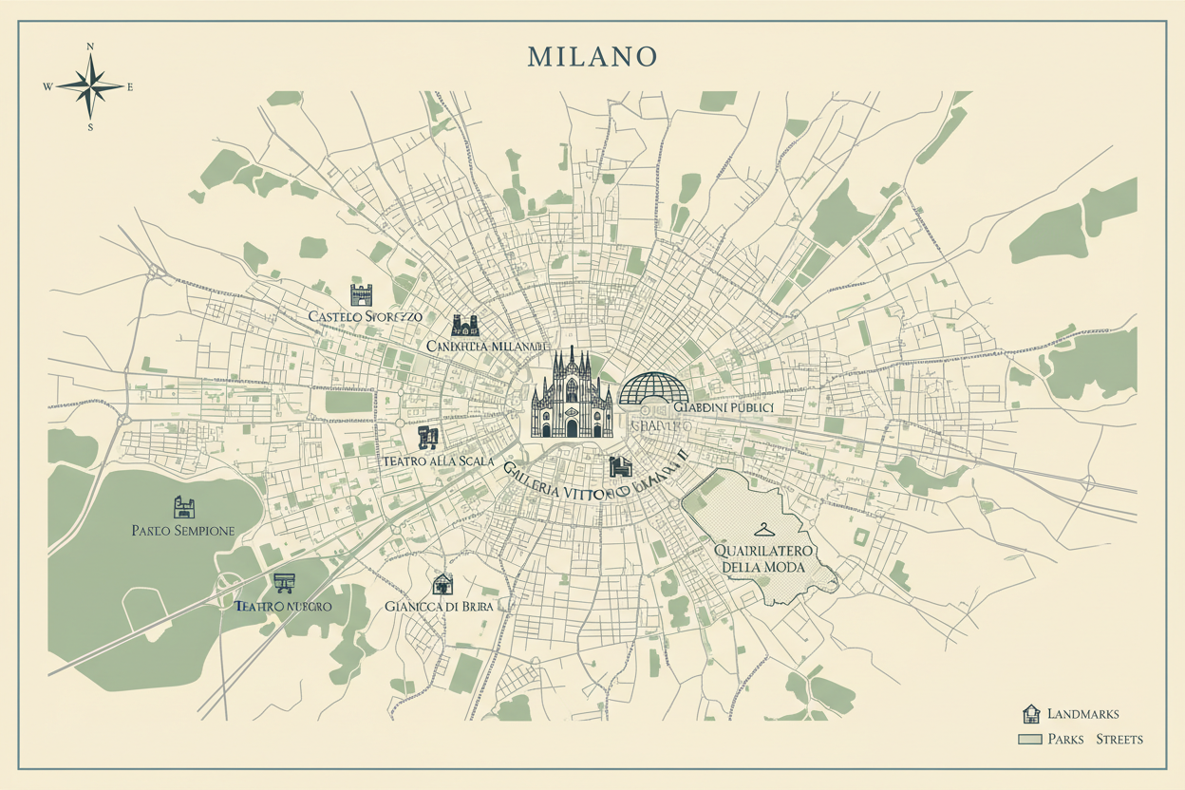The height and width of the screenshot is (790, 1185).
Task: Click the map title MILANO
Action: pyautogui.click(x=592, y=56)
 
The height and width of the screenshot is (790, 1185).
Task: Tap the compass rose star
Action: pyautogui.click(x=90, y=86)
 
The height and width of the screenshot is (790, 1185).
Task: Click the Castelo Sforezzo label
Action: pyautogui.click(x=366, y=315)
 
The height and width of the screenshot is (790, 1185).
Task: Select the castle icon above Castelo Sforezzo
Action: pyautogui.click(x=362, y=293)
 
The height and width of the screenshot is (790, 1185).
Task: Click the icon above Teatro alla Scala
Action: pyautogui.click(x=428, y=437)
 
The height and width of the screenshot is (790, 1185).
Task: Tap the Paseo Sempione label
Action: pyautogui.click(x=183, y=531)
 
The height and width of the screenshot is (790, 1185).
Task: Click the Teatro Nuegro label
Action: pyautogui.click(x=282, y=605)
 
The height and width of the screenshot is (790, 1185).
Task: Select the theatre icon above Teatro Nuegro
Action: pyautogui.click(x=282, y=582)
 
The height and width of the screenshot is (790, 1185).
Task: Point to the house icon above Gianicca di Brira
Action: pyautogui.click(x=442, y=583)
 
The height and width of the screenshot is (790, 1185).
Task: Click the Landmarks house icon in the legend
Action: pyautogui.click(x=1030, y=714)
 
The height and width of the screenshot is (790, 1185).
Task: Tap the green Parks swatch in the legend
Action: pyautogui.click(x=1029, y=739)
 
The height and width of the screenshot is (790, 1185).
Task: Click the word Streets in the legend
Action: pyautogui.click(x=1119, y=739)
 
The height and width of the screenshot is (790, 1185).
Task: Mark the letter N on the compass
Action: pyautogui.click(x=90, y=47)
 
